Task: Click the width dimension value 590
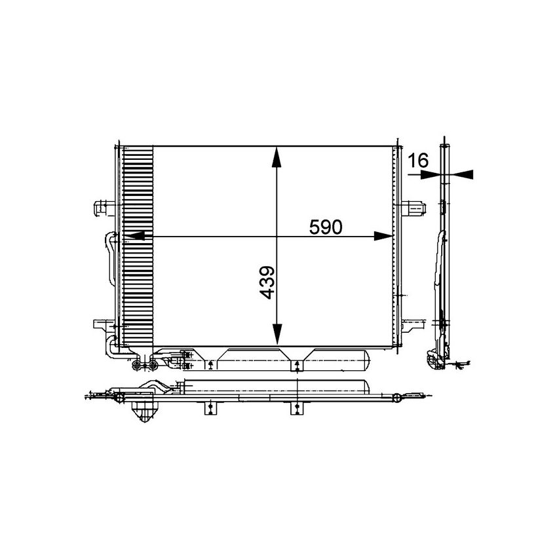point(326,227)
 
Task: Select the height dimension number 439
point(267,282)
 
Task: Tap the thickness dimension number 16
point(417,159)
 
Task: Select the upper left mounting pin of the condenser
point(102,208)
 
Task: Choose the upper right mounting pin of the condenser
point(415,208)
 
